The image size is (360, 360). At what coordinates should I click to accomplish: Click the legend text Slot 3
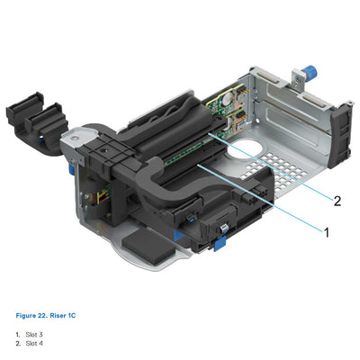coord(35,335)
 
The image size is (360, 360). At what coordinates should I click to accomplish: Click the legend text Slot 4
coord(35,343)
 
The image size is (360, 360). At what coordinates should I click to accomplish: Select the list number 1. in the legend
coord(17,335)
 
